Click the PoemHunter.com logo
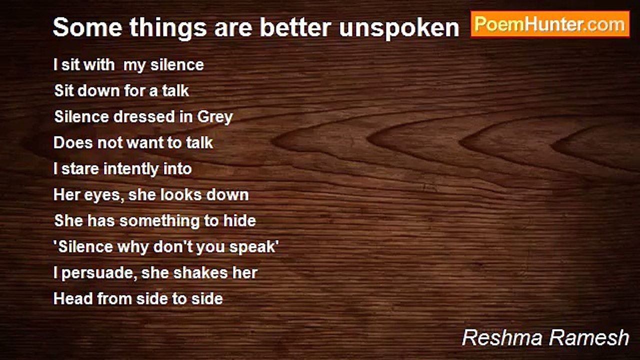pos(550,24)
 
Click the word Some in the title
pos(87,27)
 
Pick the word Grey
pos(215,117)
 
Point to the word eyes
pos(104,195)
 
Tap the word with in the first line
pos(99,65)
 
